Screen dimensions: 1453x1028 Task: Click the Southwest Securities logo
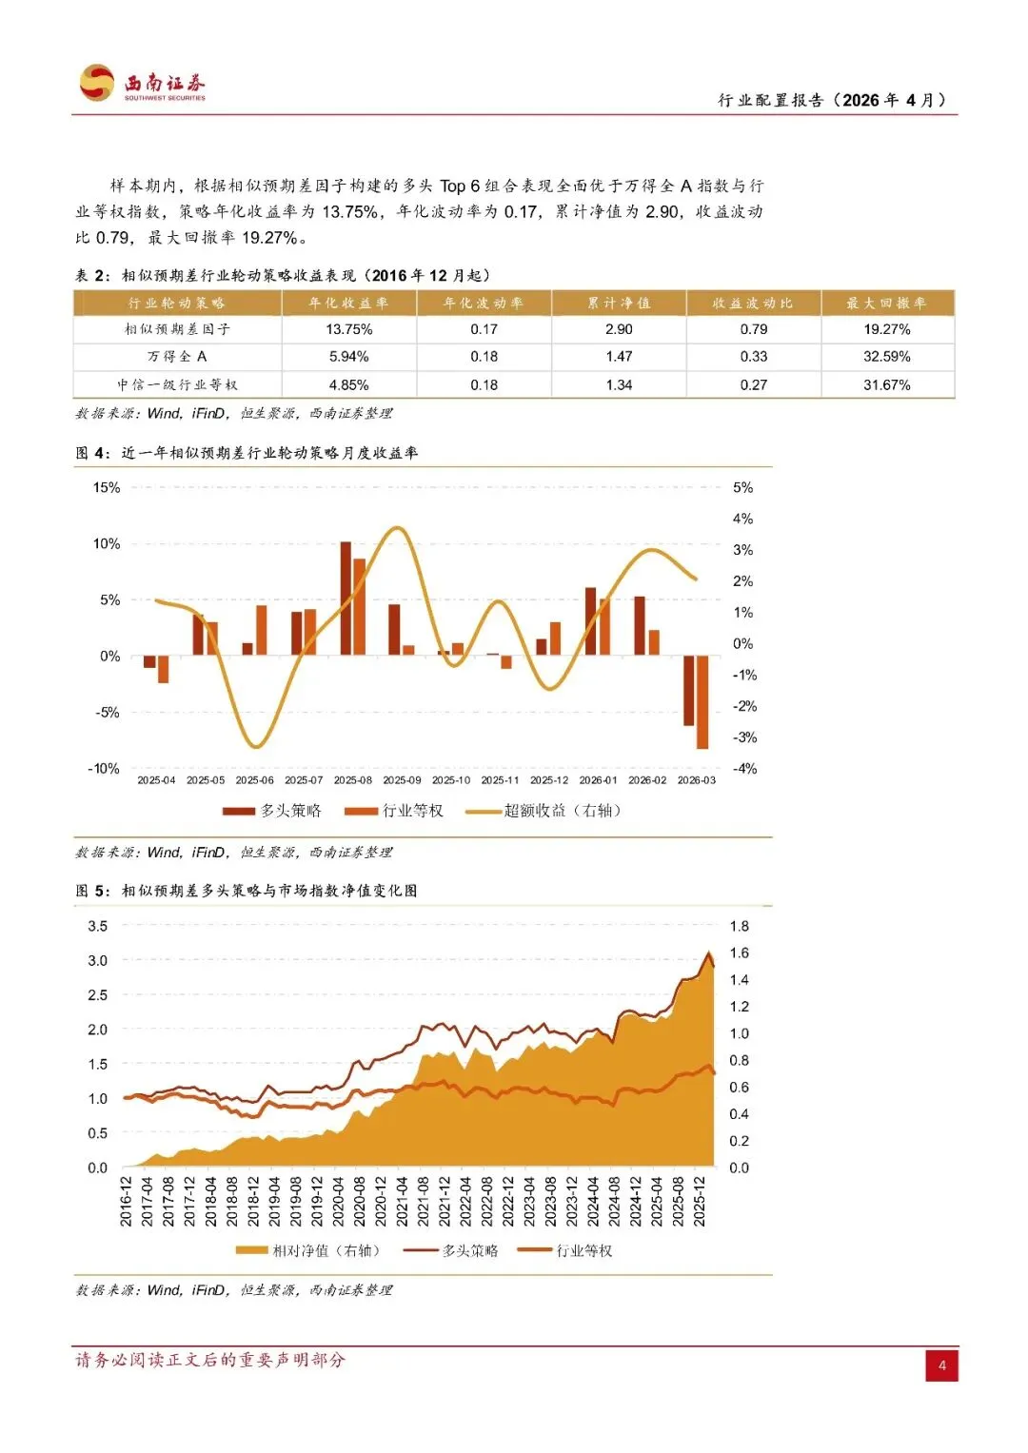pos(143,83)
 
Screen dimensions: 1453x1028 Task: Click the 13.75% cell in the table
pos(348,329)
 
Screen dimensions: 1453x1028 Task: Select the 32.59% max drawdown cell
pos(886,357)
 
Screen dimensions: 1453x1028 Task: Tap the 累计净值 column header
pos(619,304)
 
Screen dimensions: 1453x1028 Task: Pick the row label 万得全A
pos(177,357)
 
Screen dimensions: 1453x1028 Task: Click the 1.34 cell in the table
pos(619,385)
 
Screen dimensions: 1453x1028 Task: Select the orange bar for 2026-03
pos(702,702)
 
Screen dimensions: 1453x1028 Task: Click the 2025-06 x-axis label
pos(254,780)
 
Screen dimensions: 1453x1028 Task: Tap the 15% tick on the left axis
pos(107,488)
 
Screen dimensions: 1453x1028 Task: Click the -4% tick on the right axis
pos(744,769)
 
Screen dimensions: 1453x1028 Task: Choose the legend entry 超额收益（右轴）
pos(544,811)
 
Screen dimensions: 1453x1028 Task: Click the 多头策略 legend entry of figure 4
pos(272,811)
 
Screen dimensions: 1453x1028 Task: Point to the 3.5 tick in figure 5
pos(98,926)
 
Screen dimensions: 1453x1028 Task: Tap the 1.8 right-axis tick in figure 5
pos(739,926)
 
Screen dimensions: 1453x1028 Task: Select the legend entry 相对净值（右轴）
pos(307,1250)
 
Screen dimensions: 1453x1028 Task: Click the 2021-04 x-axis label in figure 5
pos(402,1201)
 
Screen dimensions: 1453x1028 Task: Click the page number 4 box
pos(941,1365)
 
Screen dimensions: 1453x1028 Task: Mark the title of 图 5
pos(247,891)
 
